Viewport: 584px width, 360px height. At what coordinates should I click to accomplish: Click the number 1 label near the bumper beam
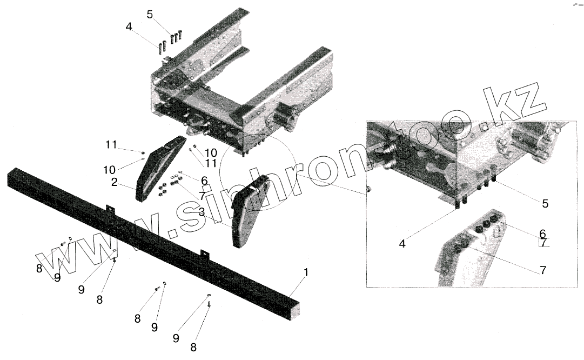(x=306, y=273)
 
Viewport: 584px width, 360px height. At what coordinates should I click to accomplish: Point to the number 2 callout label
(x=115, y=183)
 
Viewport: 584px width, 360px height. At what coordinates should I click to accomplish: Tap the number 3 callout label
(x=201, y=213)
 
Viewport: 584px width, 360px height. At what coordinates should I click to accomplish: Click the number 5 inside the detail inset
(x=545, y=204)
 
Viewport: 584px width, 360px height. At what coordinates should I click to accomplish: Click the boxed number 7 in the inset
(x=544, y=243)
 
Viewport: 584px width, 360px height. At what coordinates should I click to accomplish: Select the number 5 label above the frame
(x=150, y=15)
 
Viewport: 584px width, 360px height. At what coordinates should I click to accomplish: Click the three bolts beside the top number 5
(x=175, y=37)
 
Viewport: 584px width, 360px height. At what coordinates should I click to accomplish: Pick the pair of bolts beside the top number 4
(x=161, y=48)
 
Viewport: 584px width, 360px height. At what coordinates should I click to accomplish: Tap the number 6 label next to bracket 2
(x=204, y=180)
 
